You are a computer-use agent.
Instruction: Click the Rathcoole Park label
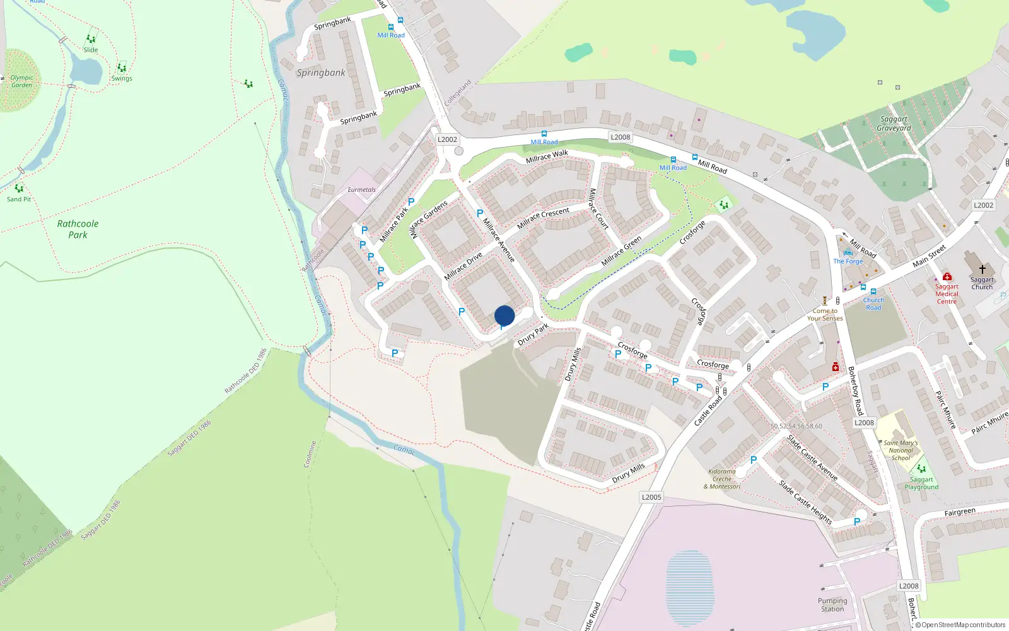tap(78, 229)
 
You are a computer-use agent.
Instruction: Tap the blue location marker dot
tap(504, 315)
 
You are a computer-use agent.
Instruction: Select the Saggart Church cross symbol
tap(982, 269)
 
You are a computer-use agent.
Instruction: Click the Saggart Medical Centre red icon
tap(947, 276)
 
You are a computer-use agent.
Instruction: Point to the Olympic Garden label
tap(21, 81)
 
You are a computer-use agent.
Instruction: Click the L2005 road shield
tap(651, 497)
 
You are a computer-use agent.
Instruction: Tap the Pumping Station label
tap(832, 604)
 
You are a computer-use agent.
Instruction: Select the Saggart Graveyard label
tap(894, 124)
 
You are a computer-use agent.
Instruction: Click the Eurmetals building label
tap(361, 189)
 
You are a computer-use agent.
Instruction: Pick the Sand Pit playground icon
tap(19, 188)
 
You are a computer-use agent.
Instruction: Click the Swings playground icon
tap(122, 68)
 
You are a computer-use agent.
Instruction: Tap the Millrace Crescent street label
tap(543, 218)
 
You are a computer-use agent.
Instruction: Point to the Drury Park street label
tap(533, 335)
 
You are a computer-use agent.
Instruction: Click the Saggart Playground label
tap(921, 483)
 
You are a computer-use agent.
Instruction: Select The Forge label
tap(848, 261)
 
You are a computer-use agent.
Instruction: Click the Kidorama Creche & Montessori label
tap(722, 479)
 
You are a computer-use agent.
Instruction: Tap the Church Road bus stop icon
tap(873, 292)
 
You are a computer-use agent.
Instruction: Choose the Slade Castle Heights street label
tap(805, 503)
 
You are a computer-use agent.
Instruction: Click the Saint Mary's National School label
tap(901, 451)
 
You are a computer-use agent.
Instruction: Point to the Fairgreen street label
tap(960, 512)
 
